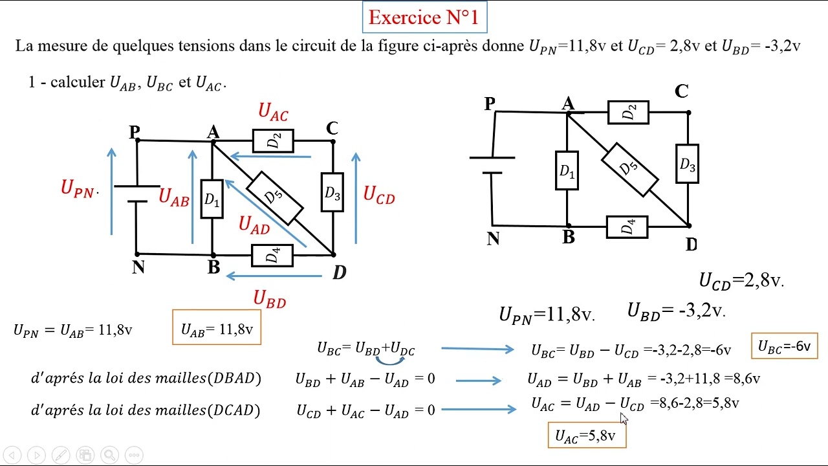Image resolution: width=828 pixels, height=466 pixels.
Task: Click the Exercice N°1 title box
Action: pos(424,17)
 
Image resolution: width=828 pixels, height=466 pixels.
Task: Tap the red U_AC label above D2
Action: pos(273,112)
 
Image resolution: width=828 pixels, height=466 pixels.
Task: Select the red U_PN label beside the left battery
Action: pos(78,188)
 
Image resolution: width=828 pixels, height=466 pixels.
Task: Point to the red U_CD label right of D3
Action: pos(378,195)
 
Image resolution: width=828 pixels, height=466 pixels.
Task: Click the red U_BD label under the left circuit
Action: pos(269,298)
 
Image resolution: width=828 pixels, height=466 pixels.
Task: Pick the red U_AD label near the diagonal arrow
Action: pos(254,225)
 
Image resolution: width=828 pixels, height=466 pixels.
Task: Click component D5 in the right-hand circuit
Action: pos(629,168)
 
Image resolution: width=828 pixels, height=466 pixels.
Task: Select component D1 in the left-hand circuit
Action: pos(212,199)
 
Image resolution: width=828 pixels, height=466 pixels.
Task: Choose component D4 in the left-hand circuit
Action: pos(272,255)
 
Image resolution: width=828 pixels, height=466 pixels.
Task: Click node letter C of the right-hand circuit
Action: pos(681,92)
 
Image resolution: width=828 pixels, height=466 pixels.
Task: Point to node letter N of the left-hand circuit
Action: pos(138,267)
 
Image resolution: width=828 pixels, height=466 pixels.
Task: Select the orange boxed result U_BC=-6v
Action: pos(784,346)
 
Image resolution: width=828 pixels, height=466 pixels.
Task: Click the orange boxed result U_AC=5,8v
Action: pos(587,436)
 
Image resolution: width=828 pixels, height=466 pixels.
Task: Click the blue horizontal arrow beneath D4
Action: pos(274,276)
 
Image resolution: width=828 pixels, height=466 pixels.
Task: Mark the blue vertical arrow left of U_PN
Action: pos(112,192)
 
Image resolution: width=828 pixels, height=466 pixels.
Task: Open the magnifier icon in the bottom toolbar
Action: pos(109,455)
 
